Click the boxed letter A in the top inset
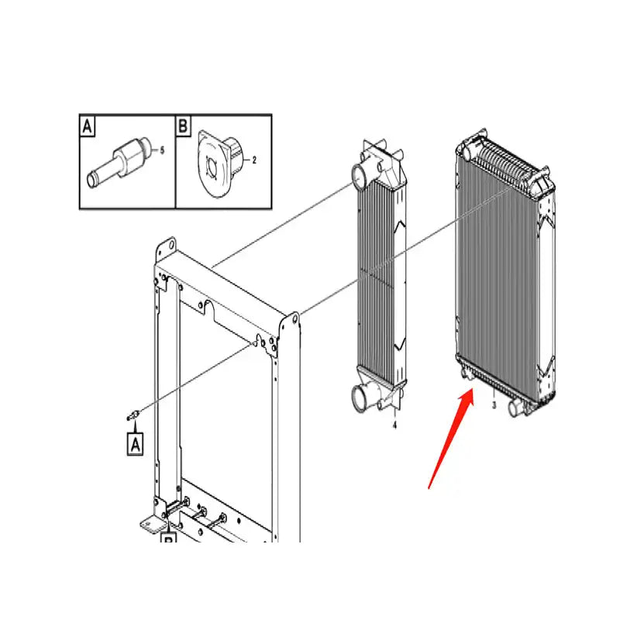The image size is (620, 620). (88, 126)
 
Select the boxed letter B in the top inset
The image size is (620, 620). (184, 126)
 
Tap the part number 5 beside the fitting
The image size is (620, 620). (162, 150)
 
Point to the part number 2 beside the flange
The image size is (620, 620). (254, 160)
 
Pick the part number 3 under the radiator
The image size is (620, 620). (494, 405)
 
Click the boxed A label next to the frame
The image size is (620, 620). (135, 444)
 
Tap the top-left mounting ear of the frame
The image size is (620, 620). (160, 248)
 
